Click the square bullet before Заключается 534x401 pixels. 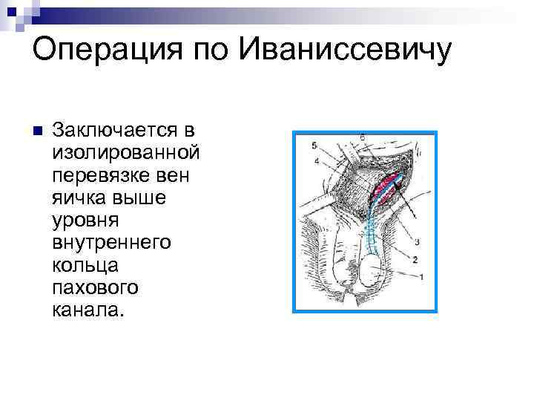point(39,131)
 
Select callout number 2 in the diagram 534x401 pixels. point(415,259)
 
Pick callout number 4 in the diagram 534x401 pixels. point(316,160)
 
